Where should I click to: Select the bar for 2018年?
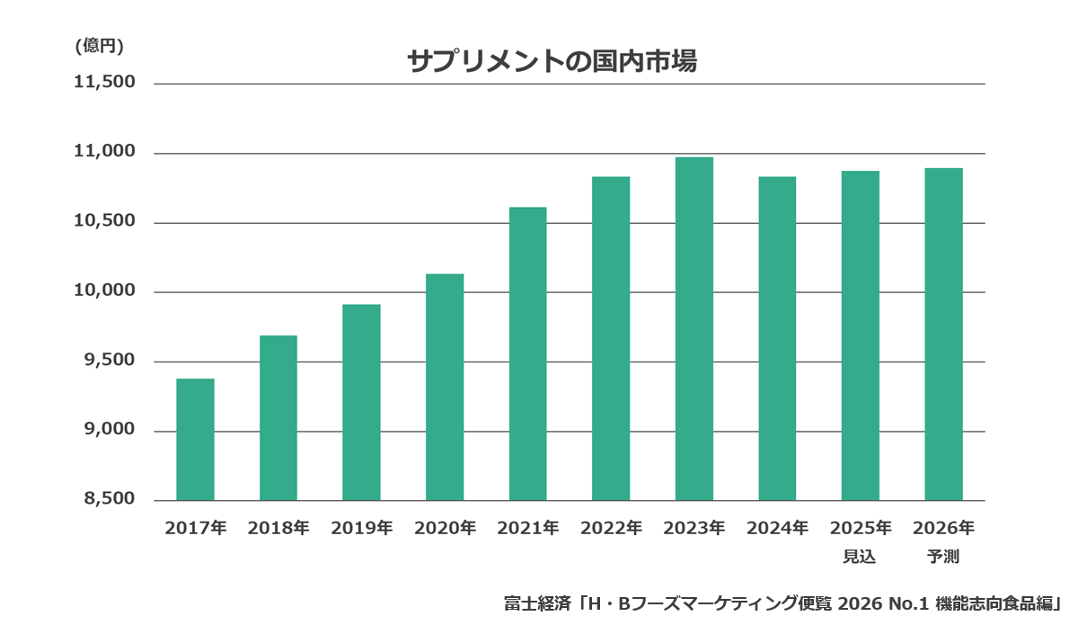[x=278, y=417]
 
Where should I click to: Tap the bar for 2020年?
[x=445, y=387]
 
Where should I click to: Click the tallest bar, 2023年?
[x=694, y=328]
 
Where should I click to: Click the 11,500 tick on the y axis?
[x=104, y=83]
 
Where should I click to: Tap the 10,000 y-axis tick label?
[x=104, y=291]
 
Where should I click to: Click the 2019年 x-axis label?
[x=361, y=528]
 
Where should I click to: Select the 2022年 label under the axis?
[x=611, y=528]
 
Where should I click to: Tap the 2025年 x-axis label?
[x=861, y=528]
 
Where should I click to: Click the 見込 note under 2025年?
[x=860, y=557]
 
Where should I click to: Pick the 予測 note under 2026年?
[x=943, y=557]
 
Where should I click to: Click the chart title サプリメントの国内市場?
[x=552, y=61]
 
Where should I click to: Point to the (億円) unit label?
[x=99, y=46]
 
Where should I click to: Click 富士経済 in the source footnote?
[x=537, y=603]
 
